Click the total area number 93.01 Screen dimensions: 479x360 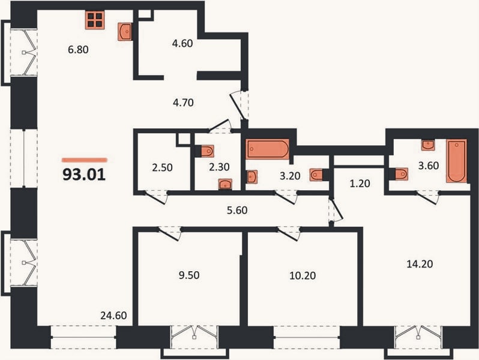coord(84,175)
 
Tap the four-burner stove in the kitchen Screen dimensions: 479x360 coord(95,20)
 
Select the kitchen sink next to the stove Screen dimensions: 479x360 coord(125,31)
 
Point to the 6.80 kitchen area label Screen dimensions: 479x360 coord(78,49)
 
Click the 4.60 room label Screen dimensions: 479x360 coord(182,43)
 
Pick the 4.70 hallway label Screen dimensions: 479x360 coord(183,103)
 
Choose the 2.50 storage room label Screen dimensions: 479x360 coord(162,167)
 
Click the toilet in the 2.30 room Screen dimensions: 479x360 coord(207,151)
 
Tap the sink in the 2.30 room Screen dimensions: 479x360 coord(225,184)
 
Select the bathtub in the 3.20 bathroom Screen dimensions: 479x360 coord(268,149)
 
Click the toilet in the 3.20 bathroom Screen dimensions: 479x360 coord(316,175)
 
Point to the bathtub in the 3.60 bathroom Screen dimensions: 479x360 coord(456,161)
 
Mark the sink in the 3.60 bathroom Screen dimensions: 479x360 coord(429,145)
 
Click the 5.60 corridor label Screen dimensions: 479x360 coord(237,210)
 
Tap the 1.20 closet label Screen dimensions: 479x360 coord(360,183)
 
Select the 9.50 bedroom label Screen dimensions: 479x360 coord(189,275)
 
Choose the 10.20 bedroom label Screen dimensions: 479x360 coord(303,275)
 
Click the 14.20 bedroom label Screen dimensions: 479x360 coord(420,263)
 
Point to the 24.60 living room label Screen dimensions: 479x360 coord(113,315)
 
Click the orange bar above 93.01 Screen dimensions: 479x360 coord(84,160)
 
